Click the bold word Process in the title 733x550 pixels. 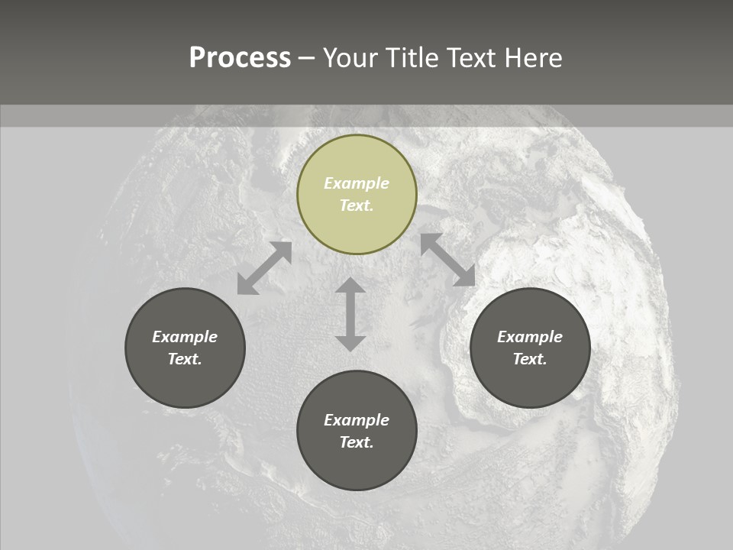[240, 58]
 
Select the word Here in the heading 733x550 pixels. [532, 58]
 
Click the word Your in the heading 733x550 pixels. [351, 58]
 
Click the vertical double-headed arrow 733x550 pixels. [350, 314]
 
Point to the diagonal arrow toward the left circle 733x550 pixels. [264, 268]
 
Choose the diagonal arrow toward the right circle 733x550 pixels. [447, 260]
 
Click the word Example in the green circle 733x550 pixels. [357, 183]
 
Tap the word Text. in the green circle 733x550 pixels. [357, 205]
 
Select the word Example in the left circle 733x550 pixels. [185, 337]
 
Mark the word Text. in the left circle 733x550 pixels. [185, 359]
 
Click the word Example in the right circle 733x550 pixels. [530, 337]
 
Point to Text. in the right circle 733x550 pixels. [530, 359]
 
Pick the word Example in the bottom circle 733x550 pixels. [357, 420]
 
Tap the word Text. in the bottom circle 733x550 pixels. [357, 442]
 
